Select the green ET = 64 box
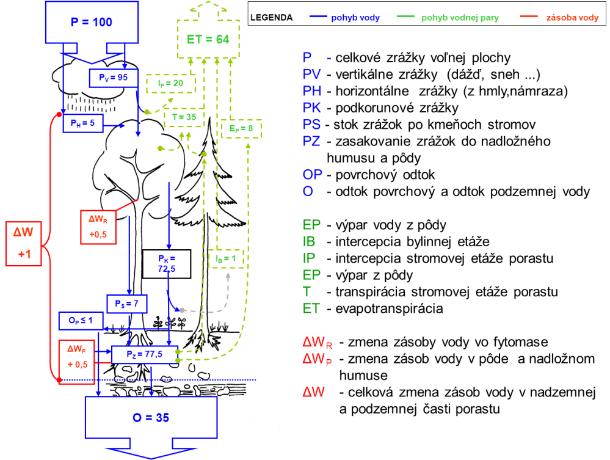coord(208,39)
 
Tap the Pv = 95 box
coord(113,78)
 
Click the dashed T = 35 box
coord(183,116)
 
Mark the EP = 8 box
coord(241,129)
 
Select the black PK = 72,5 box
coord(166,263)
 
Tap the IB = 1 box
coord(225,258)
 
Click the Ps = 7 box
coord(127,303)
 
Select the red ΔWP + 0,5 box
coord(77,356)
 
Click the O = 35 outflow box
coord(151,418)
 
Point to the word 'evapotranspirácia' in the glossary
coord(389,309)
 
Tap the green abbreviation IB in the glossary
coord(310,241)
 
